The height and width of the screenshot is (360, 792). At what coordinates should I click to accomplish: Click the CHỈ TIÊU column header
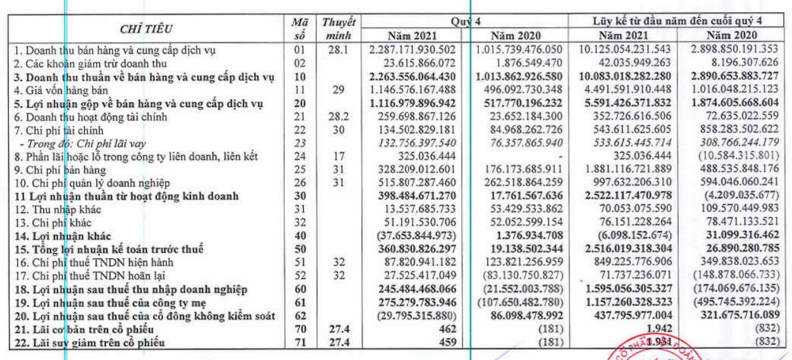(147, 29)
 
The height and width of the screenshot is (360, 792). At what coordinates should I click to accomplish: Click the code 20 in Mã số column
(300, 102)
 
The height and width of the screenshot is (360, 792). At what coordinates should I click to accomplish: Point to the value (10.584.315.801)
(739, 155)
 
